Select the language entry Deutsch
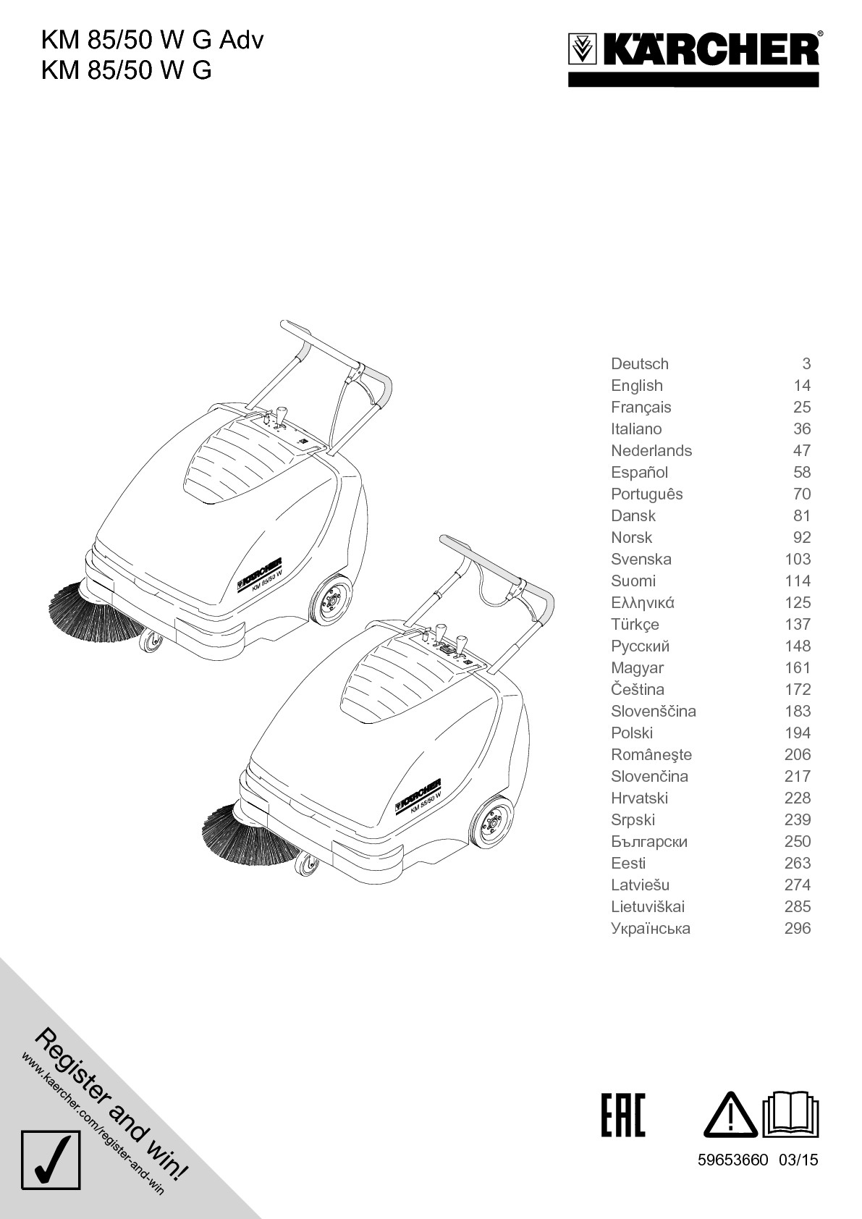tap(640, 364)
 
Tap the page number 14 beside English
tap(801, 386)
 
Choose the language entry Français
tap(641, 408)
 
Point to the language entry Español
tap(639, 473)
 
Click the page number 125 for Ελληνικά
tap(798, 603)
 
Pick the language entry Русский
tap(640, 646)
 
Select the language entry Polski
tap(631, 733)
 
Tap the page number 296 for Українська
tap(798, 929)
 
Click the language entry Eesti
tap(628, 864)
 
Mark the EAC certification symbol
tap(622, 1115)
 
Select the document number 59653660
tap(732, 1160)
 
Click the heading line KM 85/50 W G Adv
tap(152, 40)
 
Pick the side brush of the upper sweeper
tap(90, 612)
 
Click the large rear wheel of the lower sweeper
tap(492, 820)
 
